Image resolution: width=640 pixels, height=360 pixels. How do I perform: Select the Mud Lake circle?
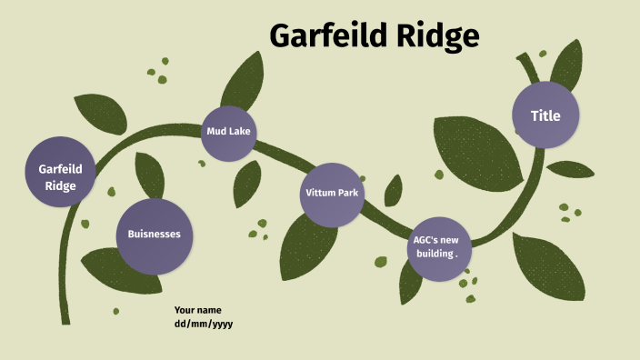228,132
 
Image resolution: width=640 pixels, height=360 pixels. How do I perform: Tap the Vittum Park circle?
332,194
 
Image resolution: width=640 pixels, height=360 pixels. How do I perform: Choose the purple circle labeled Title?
545,115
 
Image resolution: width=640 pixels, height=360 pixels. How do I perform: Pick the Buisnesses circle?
154,235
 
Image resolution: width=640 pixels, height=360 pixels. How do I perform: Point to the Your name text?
197,310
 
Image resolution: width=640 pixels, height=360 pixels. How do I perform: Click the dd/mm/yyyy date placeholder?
204,324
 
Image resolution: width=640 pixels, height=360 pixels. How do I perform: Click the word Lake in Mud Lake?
242,132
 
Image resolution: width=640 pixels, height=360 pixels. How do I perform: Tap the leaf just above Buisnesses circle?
149,175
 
